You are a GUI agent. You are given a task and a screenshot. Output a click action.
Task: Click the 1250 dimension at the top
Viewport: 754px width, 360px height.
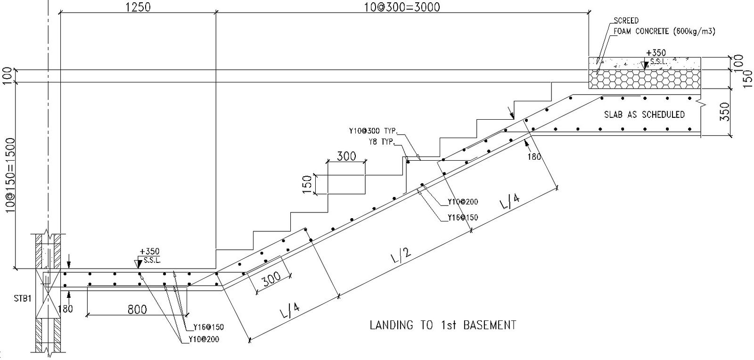click(138, 8)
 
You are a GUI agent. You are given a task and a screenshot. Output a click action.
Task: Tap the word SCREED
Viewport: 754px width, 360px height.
click(626, 21)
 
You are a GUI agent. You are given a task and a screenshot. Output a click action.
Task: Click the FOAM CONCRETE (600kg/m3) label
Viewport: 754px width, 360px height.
click(664, 32)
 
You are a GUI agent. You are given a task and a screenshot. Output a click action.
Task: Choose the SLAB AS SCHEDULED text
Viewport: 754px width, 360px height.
click(644, 115)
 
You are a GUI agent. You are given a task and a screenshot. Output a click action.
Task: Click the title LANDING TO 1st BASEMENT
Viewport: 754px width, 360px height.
click(443, 325)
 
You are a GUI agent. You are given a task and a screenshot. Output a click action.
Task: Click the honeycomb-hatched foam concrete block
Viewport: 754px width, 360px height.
click(645, 79)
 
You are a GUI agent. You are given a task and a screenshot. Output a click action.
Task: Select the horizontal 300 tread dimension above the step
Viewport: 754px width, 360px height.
click(346, 156)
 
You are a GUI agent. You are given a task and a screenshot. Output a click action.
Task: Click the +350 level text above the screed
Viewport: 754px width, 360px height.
click(656, 53)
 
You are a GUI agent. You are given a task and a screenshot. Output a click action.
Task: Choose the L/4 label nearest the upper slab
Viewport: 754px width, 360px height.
click(509, 203)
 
